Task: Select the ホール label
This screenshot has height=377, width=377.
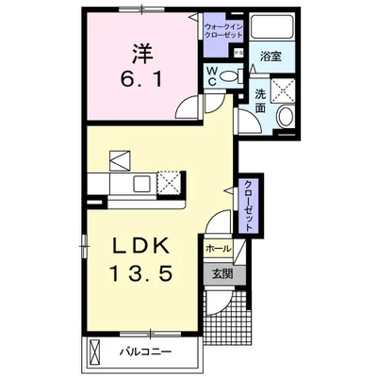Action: (x=217, y=249)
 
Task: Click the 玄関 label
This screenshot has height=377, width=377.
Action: (x=221, y=274)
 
